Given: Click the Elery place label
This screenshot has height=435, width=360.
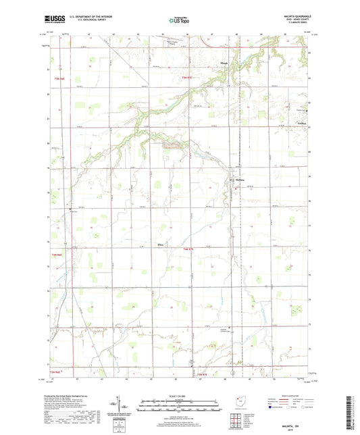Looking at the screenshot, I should click(161, 244).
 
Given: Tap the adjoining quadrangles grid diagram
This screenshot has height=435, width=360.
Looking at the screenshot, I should click(238, 419).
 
